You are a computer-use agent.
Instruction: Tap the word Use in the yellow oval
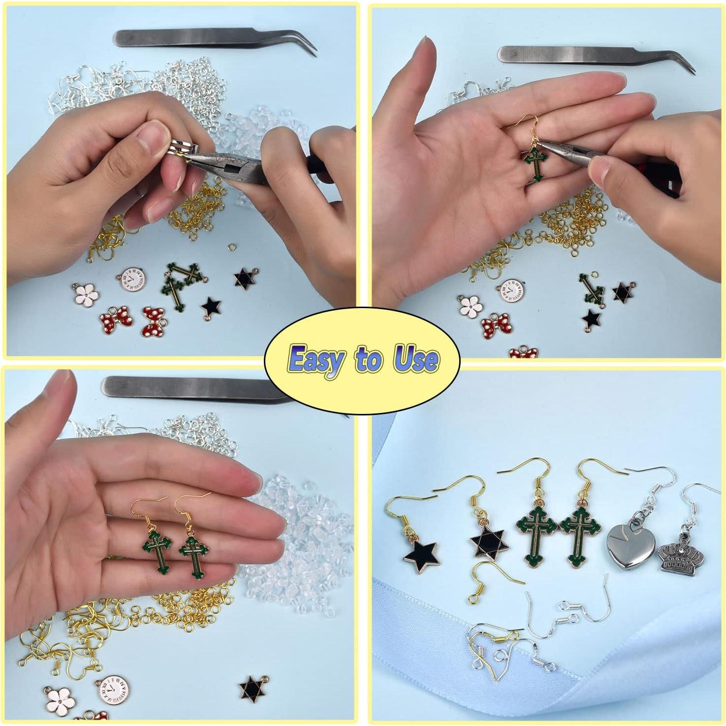[416, 359]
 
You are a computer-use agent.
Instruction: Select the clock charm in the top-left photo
[132, 280]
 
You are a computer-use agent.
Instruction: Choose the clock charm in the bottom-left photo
[113, 690]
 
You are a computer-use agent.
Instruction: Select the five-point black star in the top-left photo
[212, 308]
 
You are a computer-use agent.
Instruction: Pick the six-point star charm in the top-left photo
[245, 279]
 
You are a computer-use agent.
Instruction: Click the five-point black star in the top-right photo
[591, 319]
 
